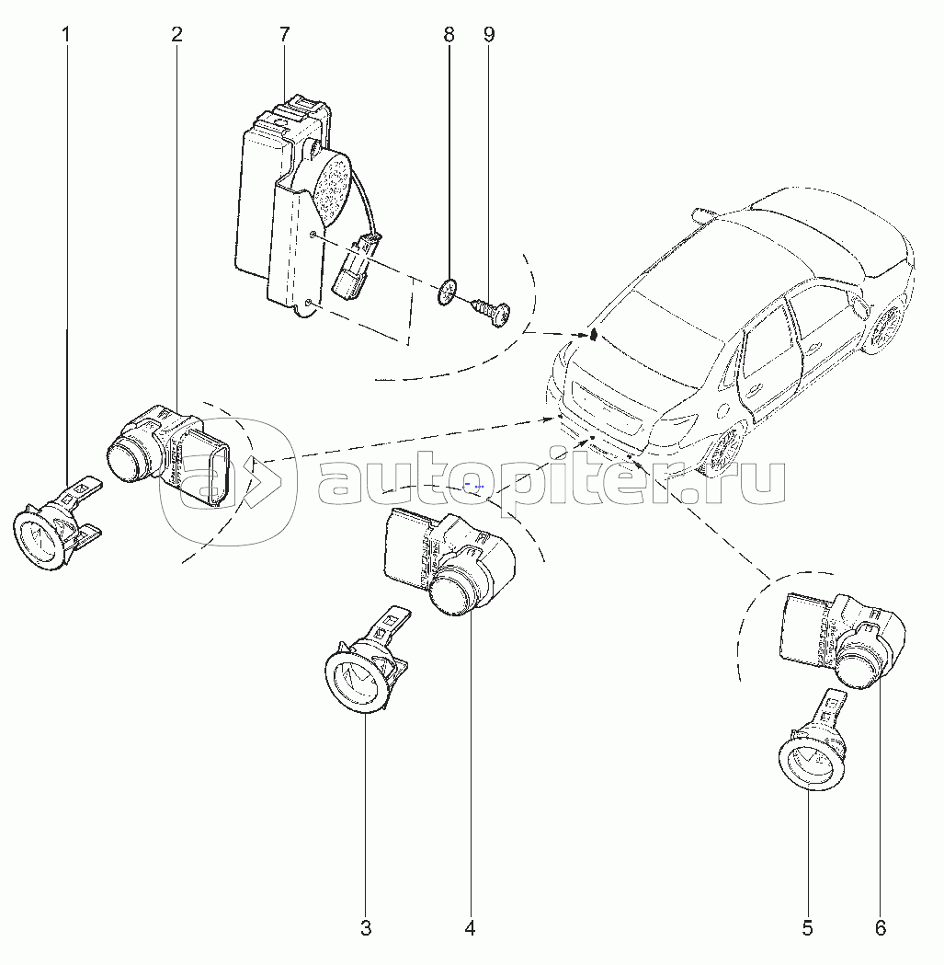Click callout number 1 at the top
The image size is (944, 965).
tap(66, 35)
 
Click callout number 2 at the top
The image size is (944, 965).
tap(176, 35)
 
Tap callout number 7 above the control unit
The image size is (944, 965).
tap(283, 35)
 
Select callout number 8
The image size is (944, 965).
tap(449, 35)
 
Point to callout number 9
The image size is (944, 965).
tap(489, 35)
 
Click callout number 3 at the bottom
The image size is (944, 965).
tap(366, 927)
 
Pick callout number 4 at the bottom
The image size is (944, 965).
tap(471, 927)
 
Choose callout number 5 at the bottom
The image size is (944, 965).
tap(807, 927)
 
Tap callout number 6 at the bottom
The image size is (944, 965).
tap(881, 927)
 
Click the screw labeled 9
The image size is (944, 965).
tap(492, 311)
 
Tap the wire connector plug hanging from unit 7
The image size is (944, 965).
tap(355, 267)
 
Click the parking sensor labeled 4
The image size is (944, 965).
tap(449, 560)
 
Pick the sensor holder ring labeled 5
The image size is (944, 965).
tap(812, 744)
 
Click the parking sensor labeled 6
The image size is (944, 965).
tap(843, 640)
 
